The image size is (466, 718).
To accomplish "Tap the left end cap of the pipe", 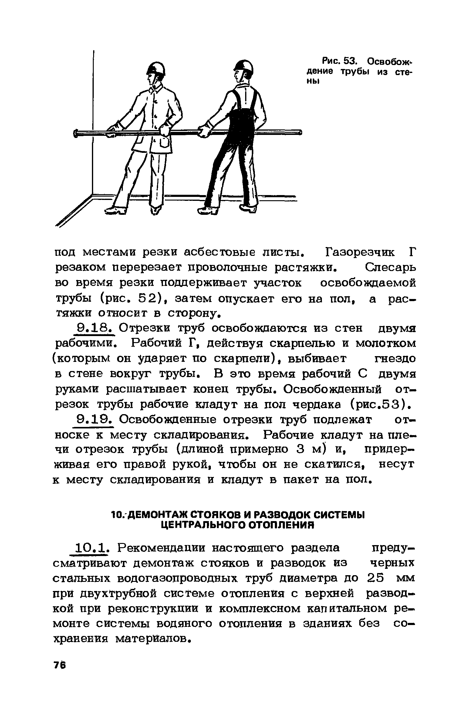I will click(x=76, y=133).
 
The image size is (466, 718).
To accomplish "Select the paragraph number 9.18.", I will click(x=95, y=328).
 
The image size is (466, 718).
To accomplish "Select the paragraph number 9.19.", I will click(x=95, y=420).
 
